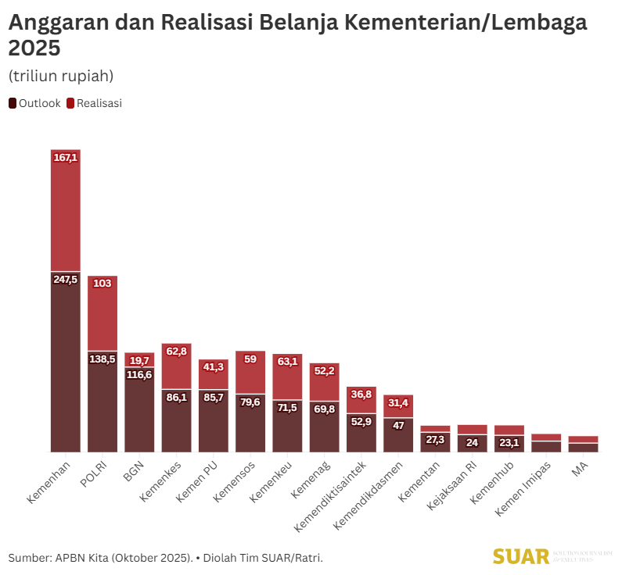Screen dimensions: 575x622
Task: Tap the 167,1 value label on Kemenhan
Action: click(x=66, y=158)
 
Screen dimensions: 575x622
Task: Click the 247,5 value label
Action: click(x=66, y=279)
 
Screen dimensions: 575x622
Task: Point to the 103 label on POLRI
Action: click(x=102, y=284)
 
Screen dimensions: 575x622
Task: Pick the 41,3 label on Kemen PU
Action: click(x=213, y=366)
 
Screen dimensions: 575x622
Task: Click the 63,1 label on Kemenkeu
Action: click(x=287, y=361)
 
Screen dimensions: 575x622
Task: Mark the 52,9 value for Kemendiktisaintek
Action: click(x=361, y=422)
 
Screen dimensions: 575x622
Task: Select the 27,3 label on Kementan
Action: click(x=435, y=440)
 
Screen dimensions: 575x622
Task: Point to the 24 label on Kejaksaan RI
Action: click(x=472, y=442)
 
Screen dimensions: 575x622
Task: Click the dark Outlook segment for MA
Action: click(x=583, y=447)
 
